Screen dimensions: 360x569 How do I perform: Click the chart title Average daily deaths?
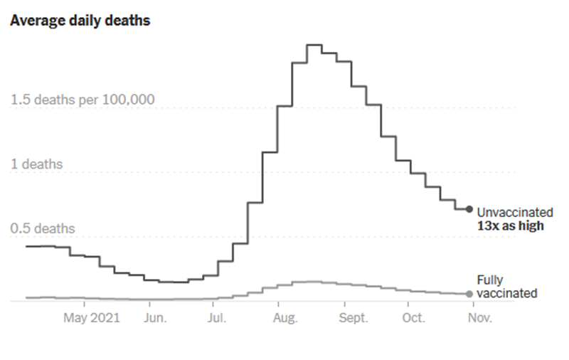[80, 21]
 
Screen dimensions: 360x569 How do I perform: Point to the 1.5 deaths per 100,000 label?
[83, 100]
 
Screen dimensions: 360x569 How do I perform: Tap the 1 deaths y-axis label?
[36, 164]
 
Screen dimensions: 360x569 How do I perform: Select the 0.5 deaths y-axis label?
[43, 228]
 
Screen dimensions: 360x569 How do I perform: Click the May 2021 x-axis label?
[92, 318]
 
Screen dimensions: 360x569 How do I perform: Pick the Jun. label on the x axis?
[154, 318]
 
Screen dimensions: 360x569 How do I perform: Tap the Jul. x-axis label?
[216, 318]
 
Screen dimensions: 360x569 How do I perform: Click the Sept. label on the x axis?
[353, 318]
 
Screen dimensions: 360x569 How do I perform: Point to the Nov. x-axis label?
[475, 318]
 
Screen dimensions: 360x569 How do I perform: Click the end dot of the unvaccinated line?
[469, 209]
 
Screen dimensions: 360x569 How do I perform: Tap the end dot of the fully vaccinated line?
[469, 294]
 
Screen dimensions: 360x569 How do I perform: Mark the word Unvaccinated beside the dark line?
[514, 212]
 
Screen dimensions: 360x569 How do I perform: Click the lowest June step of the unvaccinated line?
[173, 282]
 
